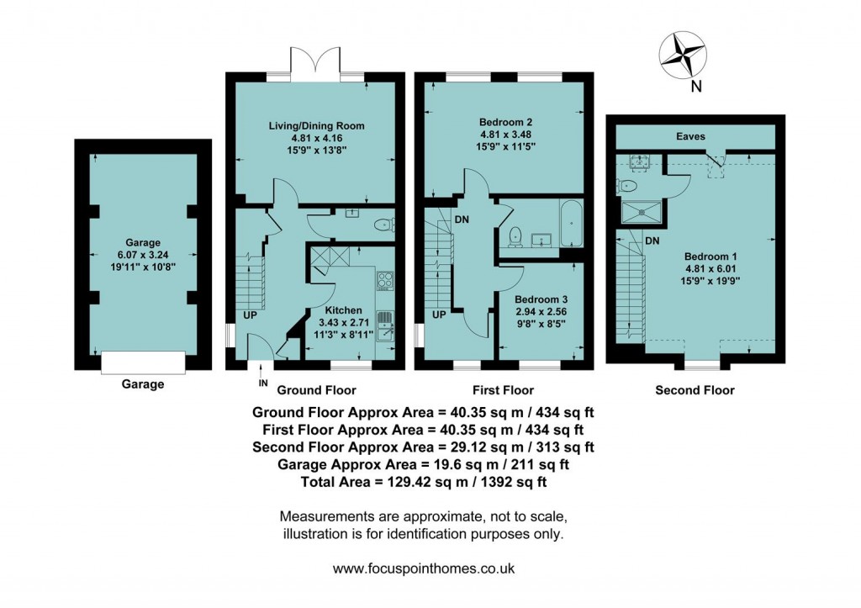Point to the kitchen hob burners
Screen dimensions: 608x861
pos(385,279)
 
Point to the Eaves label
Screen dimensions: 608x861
pos(695,136)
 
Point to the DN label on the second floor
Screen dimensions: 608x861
pos(652,241)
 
